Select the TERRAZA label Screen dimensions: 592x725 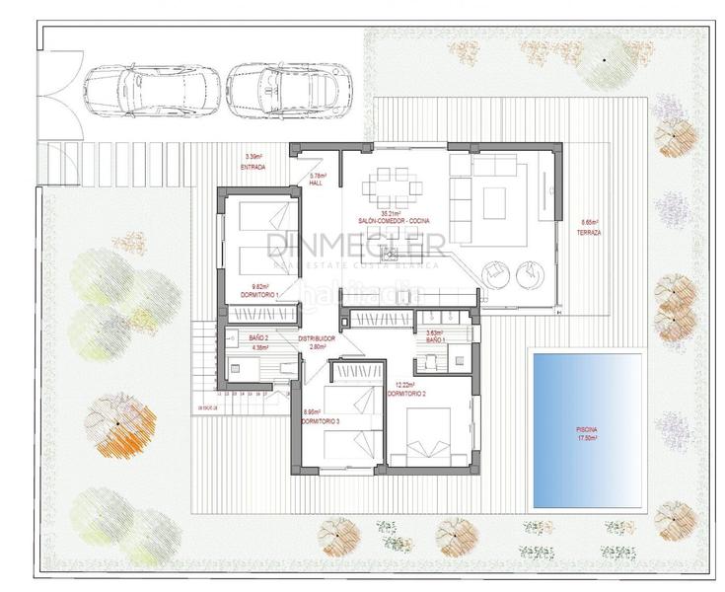point(591,232)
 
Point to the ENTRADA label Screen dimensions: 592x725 point(254,167)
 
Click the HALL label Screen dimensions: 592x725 point(317,184)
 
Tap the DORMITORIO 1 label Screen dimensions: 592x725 point(264,295)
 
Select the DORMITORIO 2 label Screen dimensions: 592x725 point(408,393)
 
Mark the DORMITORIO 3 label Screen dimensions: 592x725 point(321,422)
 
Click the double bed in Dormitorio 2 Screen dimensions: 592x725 point(432,434)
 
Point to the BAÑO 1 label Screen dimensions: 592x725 point(433,340)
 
